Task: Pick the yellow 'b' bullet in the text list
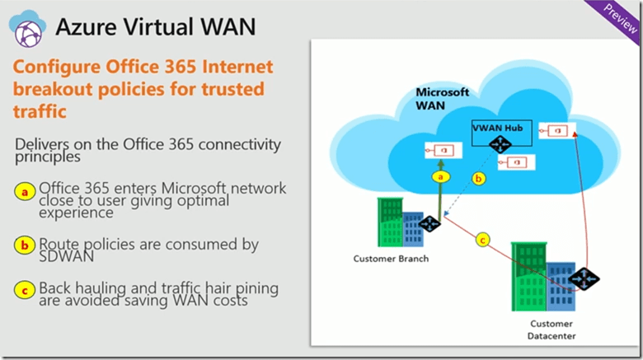point(27,245)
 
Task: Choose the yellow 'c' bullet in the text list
point(27,289)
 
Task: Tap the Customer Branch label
point(391,259)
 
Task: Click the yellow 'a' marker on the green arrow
point(440,176)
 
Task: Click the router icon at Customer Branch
point(429,222)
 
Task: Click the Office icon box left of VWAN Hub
point(439,150)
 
